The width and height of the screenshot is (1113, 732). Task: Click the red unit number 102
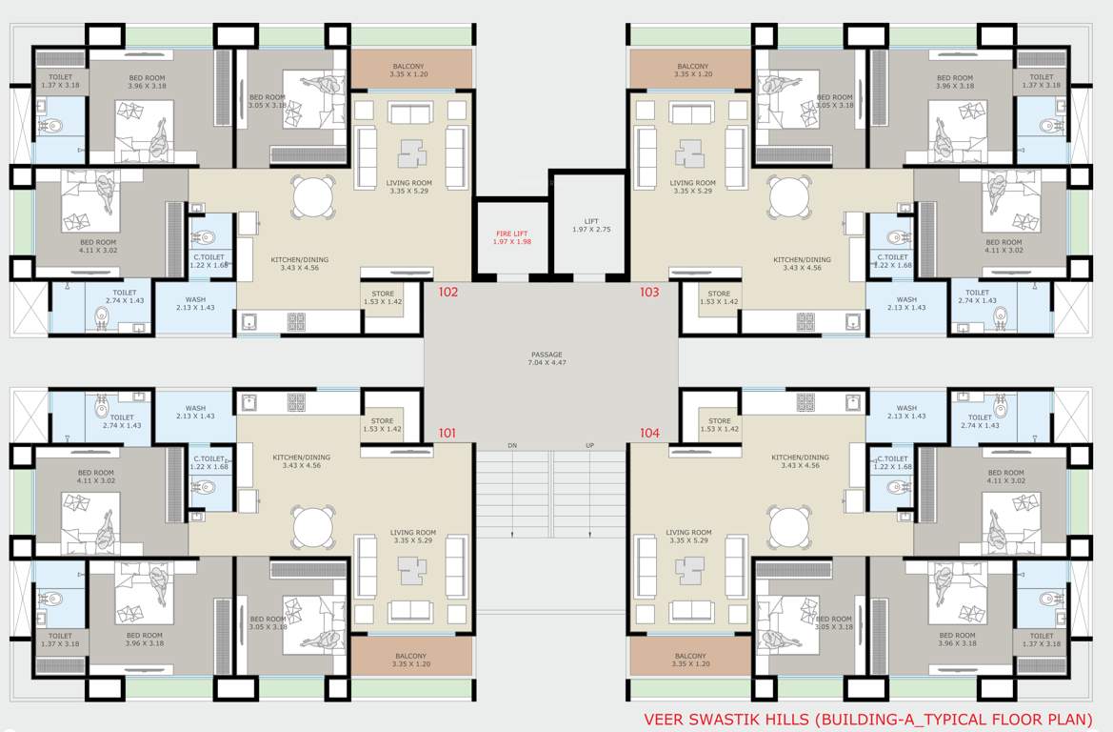[x=448, y=293]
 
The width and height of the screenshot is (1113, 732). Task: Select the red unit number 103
[x=649, y=293]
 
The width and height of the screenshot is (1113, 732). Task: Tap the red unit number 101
[x=447, y=434]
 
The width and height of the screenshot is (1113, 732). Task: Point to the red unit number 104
[x=649, y=434]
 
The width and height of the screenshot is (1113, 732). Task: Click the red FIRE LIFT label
[x=512, y=237]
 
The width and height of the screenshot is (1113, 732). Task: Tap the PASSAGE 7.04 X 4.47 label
[x=547, y=359]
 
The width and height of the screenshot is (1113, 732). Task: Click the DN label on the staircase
[x=512, y=446]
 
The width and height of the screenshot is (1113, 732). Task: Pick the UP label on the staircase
[x=588, y=446]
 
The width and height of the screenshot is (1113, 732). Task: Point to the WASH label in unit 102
[x=195, y=303]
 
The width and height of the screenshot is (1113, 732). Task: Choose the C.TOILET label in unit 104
[x=895, y=462]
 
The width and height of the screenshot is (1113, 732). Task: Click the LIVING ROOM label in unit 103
[x=692, y=187]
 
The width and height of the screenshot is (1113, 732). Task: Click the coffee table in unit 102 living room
[x=411, y=152]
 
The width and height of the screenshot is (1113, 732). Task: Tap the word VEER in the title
[x=665, y=719]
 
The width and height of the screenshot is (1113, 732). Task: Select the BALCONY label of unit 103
[x=692, y=70]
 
